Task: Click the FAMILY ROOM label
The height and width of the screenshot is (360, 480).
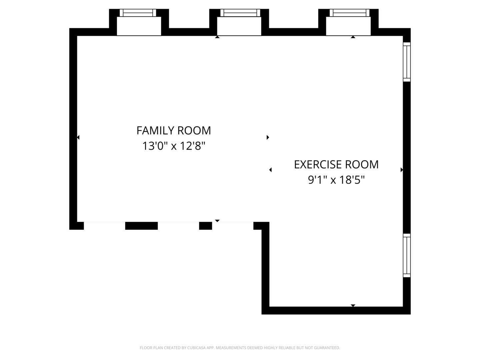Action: click(174, 130)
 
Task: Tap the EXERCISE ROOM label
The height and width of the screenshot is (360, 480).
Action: click(336, 165)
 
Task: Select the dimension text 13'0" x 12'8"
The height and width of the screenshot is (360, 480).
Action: click(174, 146)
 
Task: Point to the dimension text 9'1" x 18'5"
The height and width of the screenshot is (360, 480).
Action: click(336, 180)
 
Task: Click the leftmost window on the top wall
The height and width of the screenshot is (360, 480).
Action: click(138, 13)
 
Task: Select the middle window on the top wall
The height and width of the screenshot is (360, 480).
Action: click(240, 13)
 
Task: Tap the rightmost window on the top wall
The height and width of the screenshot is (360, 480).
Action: click(349, 13)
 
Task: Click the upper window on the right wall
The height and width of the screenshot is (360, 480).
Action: click(407, 62)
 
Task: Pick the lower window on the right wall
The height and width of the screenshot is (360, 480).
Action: click(407, 256)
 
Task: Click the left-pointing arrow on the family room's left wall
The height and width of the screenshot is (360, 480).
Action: click(78, 137)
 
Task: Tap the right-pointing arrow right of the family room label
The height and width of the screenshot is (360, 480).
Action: click(268, 137)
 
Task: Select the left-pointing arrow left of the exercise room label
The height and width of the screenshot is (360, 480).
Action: click(271, 170)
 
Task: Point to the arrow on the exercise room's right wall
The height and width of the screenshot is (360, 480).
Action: click(402, 170)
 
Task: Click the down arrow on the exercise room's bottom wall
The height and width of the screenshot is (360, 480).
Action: click(353, 305)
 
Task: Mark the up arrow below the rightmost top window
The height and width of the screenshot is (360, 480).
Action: click(353, 37)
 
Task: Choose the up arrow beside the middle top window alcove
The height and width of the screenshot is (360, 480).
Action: click(217, 37)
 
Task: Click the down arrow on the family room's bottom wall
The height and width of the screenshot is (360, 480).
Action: click(217, 221)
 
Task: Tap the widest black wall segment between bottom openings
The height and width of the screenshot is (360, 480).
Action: click(141, 226)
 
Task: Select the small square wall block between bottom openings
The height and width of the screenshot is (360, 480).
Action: click(206, 226)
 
